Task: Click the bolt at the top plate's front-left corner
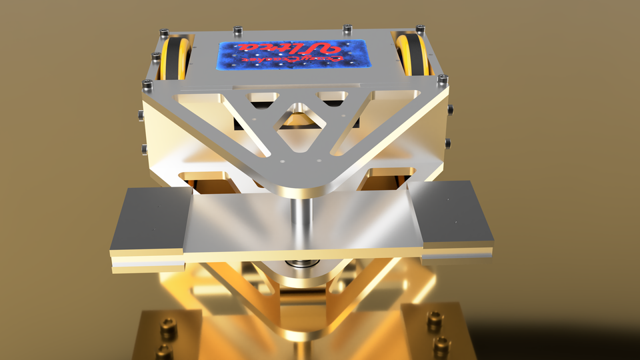147,85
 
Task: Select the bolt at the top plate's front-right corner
441,80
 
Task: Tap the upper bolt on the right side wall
451,109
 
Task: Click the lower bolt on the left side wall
143,147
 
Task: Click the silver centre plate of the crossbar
300,227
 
